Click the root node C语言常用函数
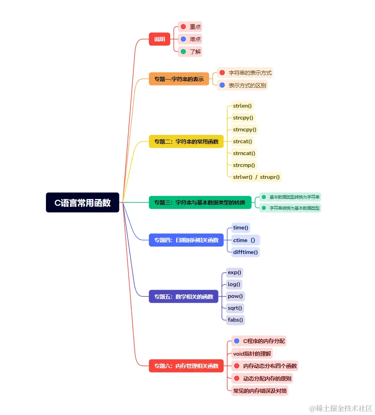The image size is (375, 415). (x=82, y=203)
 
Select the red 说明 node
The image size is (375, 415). (x=159, y=39)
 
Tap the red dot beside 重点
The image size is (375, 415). (x=183, y=27)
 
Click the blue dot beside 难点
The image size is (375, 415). (x=183, y=39)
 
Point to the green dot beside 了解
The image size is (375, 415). (x=183, y=51)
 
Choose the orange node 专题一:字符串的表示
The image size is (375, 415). (x=179, y=79)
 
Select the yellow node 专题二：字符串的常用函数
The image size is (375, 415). (x=186, y=141)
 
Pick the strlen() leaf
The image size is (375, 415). (x=242, y=106)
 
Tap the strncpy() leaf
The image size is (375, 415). (x=245, y=129)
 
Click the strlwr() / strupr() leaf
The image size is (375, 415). (x=256, y=177)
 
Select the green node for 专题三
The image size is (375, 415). (x=200, y=202)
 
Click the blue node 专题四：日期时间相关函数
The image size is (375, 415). (x=186, y=240)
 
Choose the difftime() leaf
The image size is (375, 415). (x=246, y=252)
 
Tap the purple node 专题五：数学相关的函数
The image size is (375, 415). (x=184, y=296)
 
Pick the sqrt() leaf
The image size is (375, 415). (x=235, y=308)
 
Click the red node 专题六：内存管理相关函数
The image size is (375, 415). (x=186, y=366)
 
